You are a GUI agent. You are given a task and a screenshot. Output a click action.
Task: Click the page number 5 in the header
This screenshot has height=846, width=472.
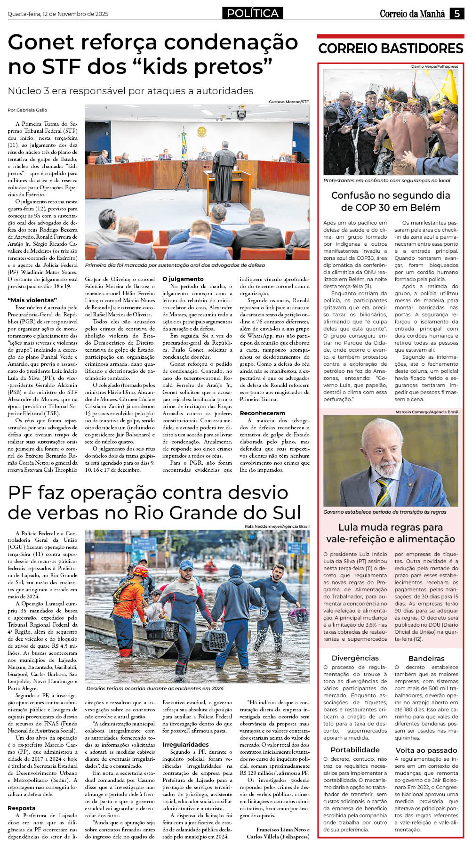tap(457, 14)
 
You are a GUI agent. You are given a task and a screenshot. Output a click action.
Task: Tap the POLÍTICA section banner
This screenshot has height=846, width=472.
tap(253, 13)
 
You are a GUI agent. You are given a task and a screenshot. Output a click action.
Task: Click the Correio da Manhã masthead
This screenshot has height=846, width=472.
tap(412, 14)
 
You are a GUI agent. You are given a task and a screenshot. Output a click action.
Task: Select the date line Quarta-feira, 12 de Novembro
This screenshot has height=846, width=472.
tap(58, 14)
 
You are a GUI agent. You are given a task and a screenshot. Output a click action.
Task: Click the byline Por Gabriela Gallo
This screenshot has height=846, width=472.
tap(27, 110)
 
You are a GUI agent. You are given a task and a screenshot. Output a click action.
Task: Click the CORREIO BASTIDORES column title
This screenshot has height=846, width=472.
tap(391, 48)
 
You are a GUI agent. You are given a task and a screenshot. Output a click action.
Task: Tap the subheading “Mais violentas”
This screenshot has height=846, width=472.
tap(32, 300)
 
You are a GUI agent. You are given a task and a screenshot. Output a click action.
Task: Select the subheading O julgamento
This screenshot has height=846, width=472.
tap(183, 279)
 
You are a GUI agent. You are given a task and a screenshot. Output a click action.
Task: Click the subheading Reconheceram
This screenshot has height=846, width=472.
tap(262, 413)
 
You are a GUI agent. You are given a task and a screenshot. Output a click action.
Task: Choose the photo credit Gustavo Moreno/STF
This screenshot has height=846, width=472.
tap(289, 102)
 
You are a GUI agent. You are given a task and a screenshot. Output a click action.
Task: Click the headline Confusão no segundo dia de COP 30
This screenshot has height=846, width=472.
tap(391, 201)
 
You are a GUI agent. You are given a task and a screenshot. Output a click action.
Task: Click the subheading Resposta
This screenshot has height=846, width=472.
tap(22, 808)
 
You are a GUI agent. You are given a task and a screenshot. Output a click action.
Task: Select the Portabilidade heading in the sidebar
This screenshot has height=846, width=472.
tap(355, 750)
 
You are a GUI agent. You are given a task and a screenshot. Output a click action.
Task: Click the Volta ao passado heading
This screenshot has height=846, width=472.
tap(426, 750)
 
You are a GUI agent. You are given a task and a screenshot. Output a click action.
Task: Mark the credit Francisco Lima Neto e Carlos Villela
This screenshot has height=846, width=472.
tap(278, 833)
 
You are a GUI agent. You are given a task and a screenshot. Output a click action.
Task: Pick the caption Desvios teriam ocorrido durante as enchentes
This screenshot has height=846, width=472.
tap(155, 688)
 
